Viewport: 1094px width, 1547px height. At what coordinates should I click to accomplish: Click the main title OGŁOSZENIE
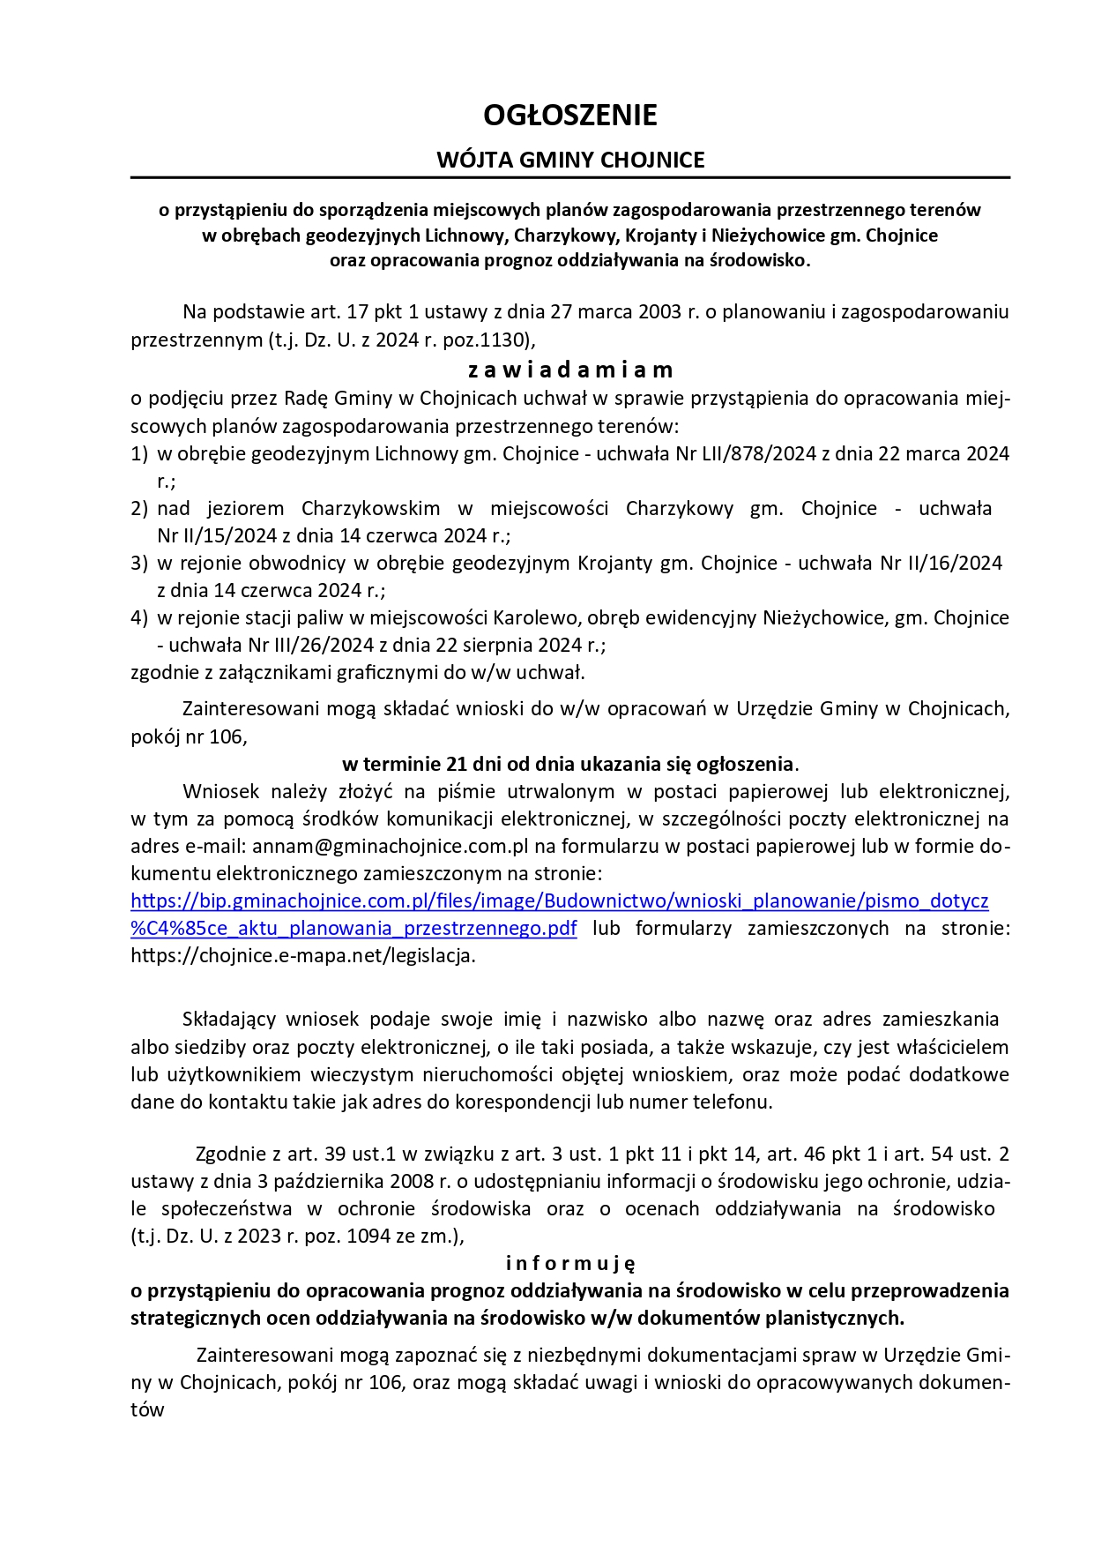pyautogui.click(x=570, y=115)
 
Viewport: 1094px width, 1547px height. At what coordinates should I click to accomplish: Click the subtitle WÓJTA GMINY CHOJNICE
pyautogui.click(x=570, y=160)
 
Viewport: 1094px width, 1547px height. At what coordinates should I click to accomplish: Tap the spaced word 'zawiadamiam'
pyautogui.click(x=570, y=369)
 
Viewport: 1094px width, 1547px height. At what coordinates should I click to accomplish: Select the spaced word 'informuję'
pyautogui.click(x=570, y=1263)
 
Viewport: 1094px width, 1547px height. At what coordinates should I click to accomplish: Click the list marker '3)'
pyautogui.click(x=139, y=563)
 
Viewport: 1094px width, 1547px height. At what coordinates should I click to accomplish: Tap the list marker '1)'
pyautogui.click(x=139, y=454)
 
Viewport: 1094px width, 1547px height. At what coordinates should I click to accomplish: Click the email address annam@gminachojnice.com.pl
pyautogui.click(x=391, y=847)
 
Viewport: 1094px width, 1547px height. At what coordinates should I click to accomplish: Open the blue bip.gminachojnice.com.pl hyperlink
pyautogui.click(x=559, y=901)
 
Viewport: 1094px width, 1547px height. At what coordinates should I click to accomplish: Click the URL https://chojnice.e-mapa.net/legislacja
pyautogui.click(x=302, y=956)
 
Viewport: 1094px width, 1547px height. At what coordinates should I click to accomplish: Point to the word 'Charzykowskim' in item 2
pyautogui.click(x=370, y=509)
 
